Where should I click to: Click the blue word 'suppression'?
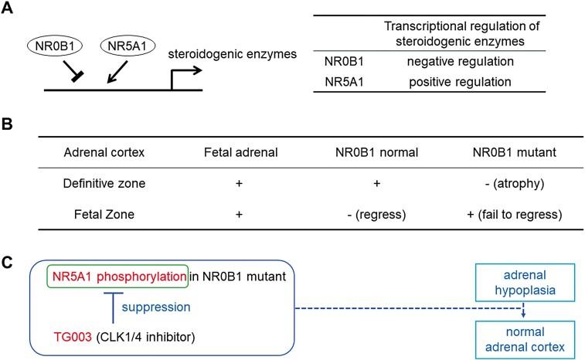coord(156,307)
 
